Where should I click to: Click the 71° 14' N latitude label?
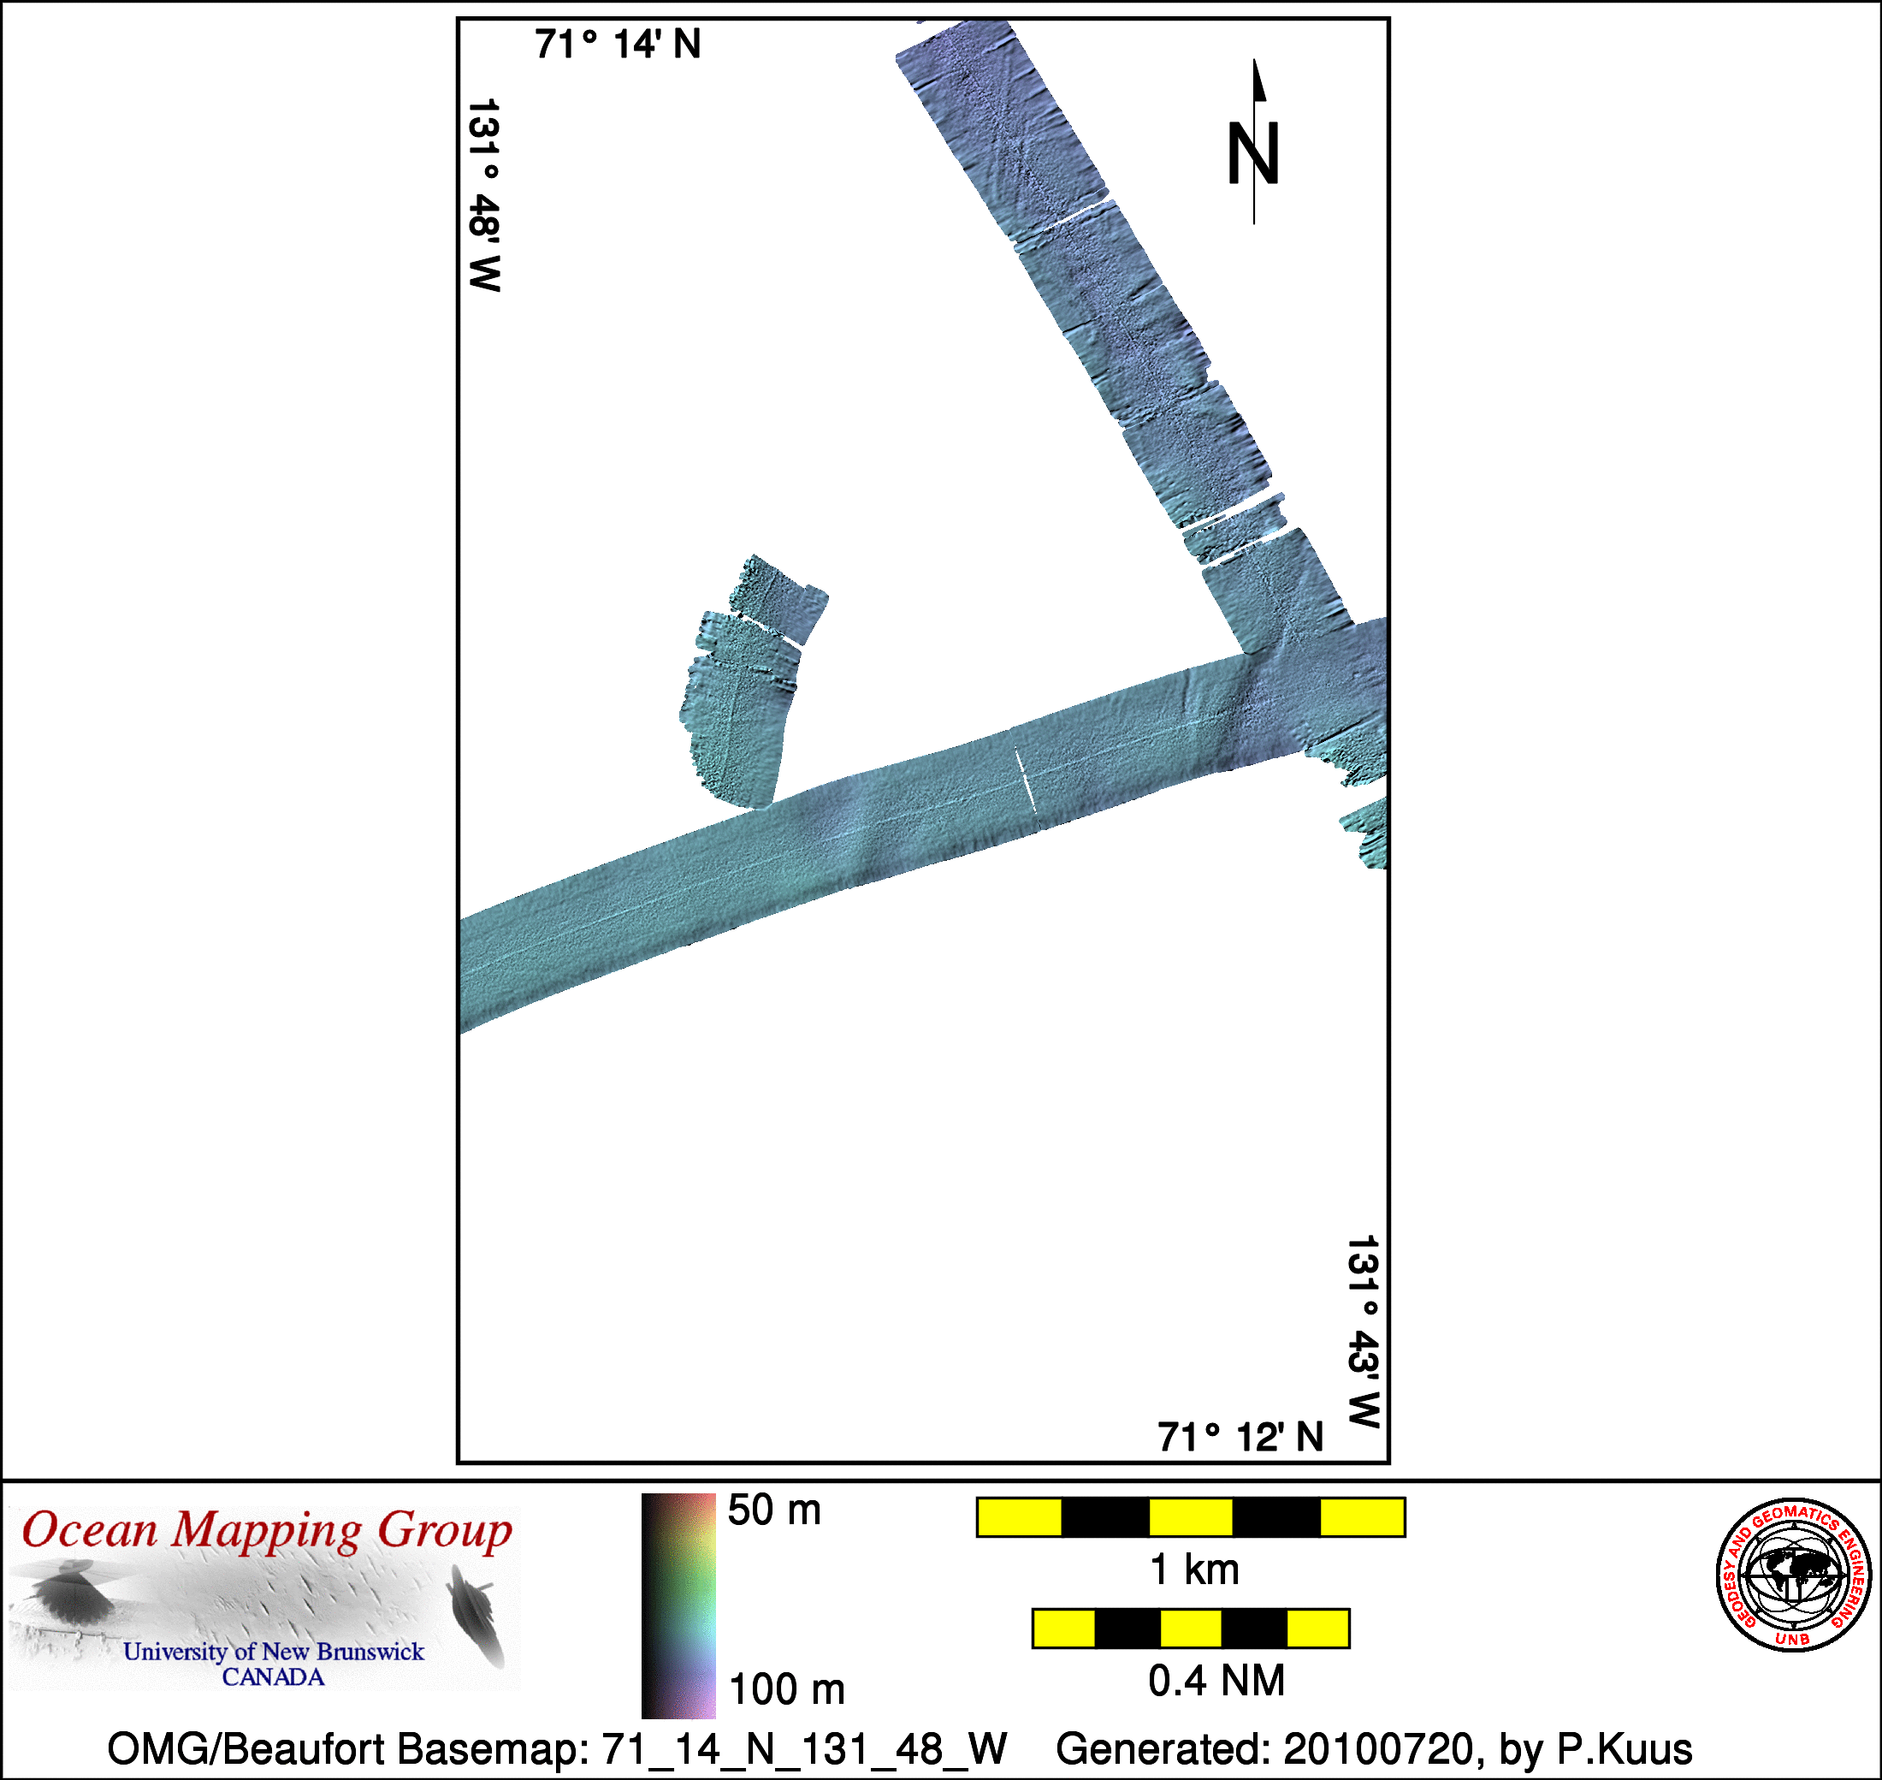618,44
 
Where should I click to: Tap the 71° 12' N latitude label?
1240,1438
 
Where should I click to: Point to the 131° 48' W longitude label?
485,195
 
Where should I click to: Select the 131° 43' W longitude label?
1363,1332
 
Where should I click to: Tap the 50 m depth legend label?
774,1510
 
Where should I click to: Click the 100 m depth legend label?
786,1690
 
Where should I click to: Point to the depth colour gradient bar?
678,1606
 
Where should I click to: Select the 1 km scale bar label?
1194,1570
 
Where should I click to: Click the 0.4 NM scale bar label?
1216,1681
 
